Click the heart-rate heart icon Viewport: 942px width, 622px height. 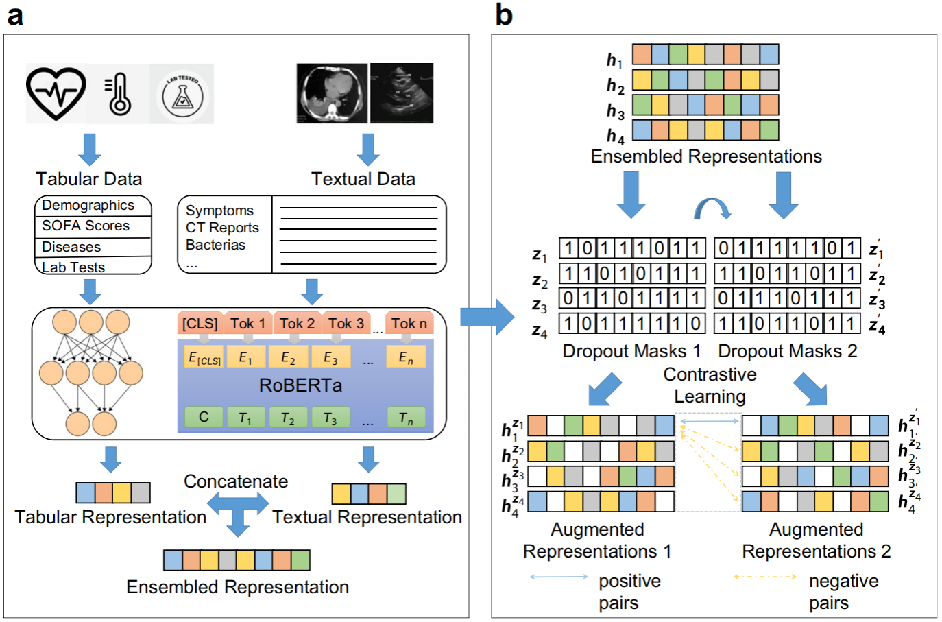(x=56, y=94)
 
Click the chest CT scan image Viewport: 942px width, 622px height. (x=332, y=93)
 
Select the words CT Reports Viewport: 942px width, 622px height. (x=222, y=228)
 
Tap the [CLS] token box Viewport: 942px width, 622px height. (x=200, y=324)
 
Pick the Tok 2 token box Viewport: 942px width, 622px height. (x=297, y=324)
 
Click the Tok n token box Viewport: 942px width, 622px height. (x=409, y=324)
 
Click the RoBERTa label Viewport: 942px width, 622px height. (x=300, y=385)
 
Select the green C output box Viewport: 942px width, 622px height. (x=204, y=417)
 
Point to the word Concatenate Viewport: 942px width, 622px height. (x=236, y=481)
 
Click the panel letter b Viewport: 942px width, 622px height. (x=504, y=15)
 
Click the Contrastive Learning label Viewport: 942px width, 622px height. (x=710, y=385)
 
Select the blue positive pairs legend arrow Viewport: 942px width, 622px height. (x=559, y=577)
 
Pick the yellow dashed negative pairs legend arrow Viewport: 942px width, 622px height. (x=765, y=577)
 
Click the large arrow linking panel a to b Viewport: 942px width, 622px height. (x=487, y=317)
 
